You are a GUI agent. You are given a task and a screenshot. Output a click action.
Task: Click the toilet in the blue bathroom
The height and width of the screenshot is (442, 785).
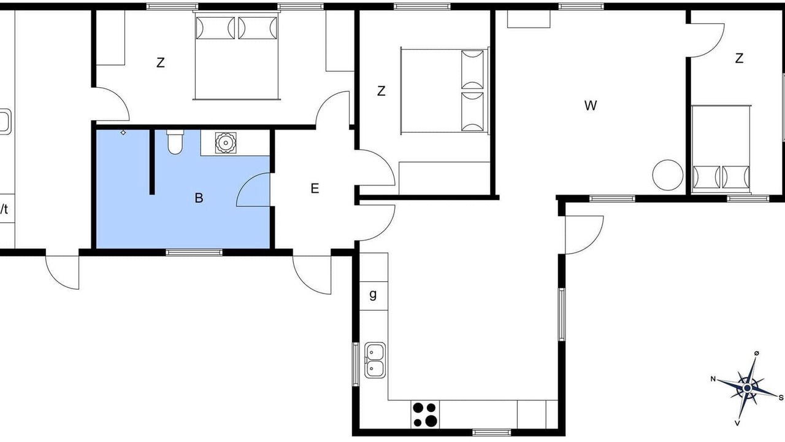175,142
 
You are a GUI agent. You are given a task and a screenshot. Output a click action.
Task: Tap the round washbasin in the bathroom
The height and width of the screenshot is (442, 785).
226,142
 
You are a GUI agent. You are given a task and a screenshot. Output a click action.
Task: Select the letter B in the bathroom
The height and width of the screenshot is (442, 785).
199,198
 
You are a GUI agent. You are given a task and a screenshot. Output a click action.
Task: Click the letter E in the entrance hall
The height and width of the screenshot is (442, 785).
315,188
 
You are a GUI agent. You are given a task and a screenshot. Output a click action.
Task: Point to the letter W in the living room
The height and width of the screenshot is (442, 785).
591,105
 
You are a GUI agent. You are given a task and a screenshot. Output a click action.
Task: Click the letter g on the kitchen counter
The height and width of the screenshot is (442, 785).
373,294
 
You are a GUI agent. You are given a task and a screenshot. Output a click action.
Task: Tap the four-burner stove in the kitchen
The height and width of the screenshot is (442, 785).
425,414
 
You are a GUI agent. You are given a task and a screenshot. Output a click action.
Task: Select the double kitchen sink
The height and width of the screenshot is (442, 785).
375,360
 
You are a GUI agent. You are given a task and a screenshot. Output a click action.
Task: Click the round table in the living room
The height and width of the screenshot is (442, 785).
668,175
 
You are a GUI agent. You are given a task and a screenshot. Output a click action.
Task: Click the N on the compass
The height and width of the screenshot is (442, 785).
713,379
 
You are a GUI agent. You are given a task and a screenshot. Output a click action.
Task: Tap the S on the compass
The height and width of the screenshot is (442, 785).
781,398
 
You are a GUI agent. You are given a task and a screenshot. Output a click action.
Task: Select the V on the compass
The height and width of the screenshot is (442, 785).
737,423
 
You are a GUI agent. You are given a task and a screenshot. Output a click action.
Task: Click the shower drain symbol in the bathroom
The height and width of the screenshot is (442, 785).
123,132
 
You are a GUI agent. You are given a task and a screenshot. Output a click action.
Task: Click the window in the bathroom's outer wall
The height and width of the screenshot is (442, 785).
194,252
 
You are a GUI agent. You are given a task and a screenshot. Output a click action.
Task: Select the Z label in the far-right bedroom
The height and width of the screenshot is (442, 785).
739,58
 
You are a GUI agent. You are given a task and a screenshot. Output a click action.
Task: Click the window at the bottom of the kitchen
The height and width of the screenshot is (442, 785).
491,432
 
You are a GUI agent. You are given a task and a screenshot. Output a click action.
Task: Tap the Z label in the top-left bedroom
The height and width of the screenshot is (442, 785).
161,63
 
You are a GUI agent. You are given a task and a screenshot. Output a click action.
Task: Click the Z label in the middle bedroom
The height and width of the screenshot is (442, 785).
381,91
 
